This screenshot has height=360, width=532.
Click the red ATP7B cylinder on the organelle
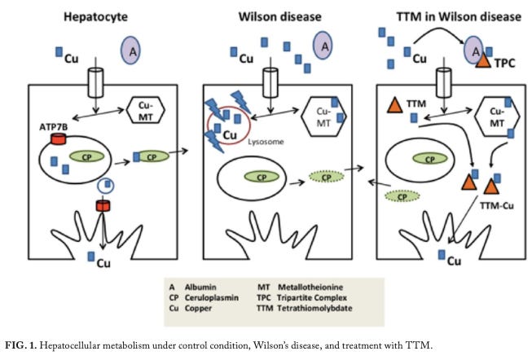58,141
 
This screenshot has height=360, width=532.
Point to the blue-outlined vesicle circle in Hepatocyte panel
105,186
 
